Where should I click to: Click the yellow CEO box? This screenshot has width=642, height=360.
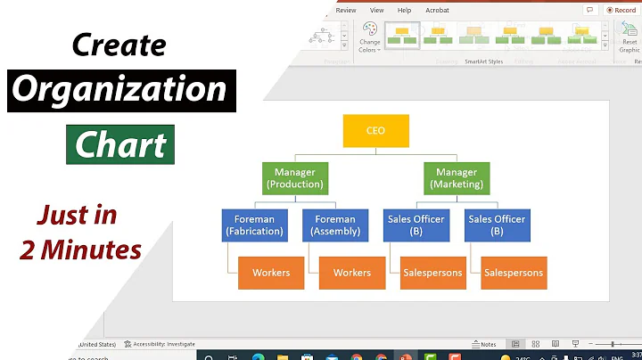click(375, 131)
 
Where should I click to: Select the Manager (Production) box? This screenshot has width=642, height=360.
click(293, 177)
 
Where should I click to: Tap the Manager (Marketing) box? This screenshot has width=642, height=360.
click(456, 177)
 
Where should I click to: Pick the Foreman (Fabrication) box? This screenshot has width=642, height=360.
click(254, 225)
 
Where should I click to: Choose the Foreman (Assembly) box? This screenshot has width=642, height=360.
click(335, 225)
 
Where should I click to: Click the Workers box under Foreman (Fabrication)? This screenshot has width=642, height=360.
click(272, 273)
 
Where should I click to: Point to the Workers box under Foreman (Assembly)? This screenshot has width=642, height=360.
click(351, 273)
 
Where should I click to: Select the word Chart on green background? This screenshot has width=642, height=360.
click(119, 144)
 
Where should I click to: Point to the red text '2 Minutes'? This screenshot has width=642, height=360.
click(80, 250)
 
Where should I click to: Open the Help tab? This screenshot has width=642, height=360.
click(404, 10)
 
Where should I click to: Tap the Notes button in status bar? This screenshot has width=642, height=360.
click(484, 344)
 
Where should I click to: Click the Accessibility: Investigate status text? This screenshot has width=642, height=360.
click(160, 344)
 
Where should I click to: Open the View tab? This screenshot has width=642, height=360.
click(375, 10)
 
